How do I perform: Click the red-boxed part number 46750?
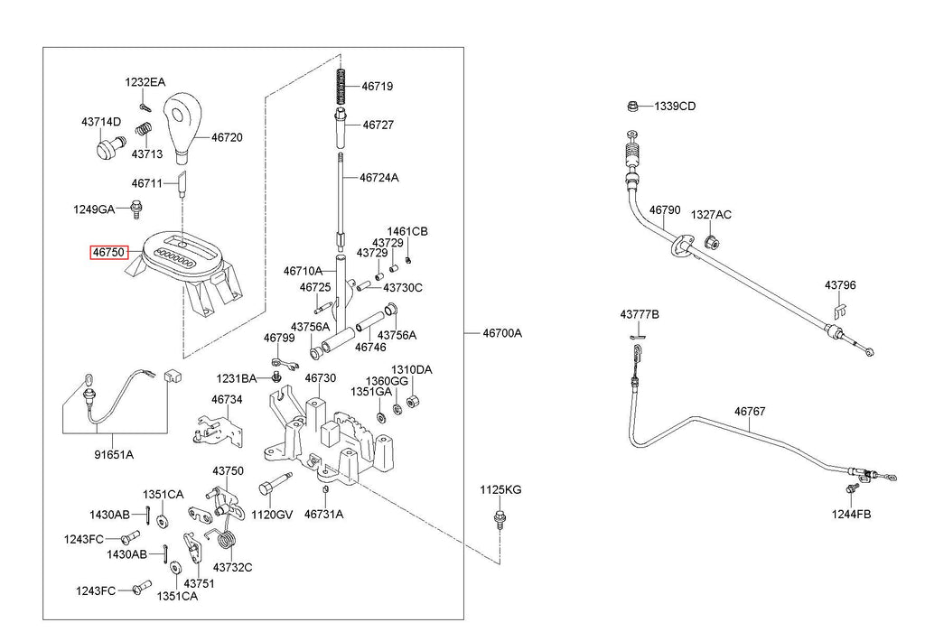tap(108, 252)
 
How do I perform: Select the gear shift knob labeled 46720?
tap(182, 125)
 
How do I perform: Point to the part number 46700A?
tap(502, 333)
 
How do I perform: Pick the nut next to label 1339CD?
tap(631, 107)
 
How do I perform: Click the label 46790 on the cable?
tap(665, 209)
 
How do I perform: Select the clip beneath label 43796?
tap(841, 310)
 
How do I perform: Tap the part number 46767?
tap(750, 411)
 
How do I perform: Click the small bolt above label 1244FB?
tap(851, 488)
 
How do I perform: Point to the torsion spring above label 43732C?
tap(225, 536)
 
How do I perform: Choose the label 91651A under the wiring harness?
tap(114, 454)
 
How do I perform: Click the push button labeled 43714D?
tap(109, 146)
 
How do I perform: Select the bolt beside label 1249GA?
tap(136, 209)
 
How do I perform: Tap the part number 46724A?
tap(379, 178)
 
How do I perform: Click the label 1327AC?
tap(711, 215)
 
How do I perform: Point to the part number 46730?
tap(321, 377)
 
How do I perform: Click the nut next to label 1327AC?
tap(711, 242)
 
